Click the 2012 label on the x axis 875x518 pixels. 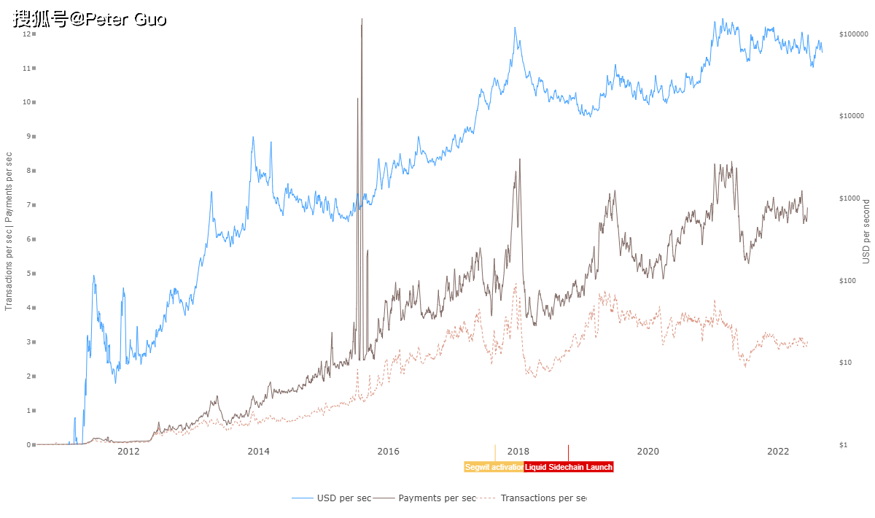click(128, 452)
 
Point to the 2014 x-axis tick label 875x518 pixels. click(258, 452)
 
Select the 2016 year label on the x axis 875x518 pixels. click(388, 452)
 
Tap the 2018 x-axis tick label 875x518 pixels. click(518, 452)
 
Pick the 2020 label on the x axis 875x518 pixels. click(647, 452)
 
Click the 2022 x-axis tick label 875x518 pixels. click(778, 452)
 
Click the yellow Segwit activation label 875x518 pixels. click(494, 467)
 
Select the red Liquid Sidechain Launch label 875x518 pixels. click(569, 467)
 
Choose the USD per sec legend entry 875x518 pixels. click(332, 498)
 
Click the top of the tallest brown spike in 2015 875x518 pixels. click(362, 20)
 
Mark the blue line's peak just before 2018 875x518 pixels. click(515, 28)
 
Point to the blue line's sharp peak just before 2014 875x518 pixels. click(253, 138)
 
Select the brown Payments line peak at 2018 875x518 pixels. click(519, 160)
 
